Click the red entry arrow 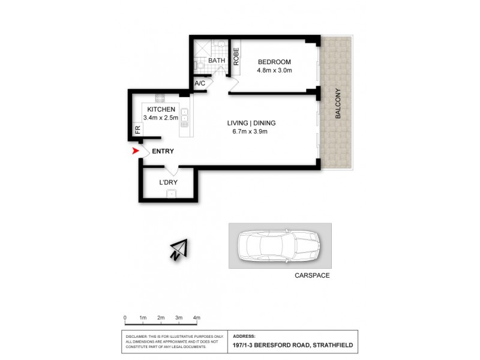point(136,152)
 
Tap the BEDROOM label point(274,62)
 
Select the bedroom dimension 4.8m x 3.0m point(274,71)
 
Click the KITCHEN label point(161,109)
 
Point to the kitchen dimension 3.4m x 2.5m point(161,118)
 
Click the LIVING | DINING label point(251,124)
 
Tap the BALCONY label point(338,103)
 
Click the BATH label point(216,61)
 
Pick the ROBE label point(236,56)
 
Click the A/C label point(200,84)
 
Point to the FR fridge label point(137,128)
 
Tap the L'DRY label point(168,182)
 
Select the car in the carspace point(279,246)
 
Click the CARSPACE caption point(312,277)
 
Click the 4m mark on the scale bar point(196,317)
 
